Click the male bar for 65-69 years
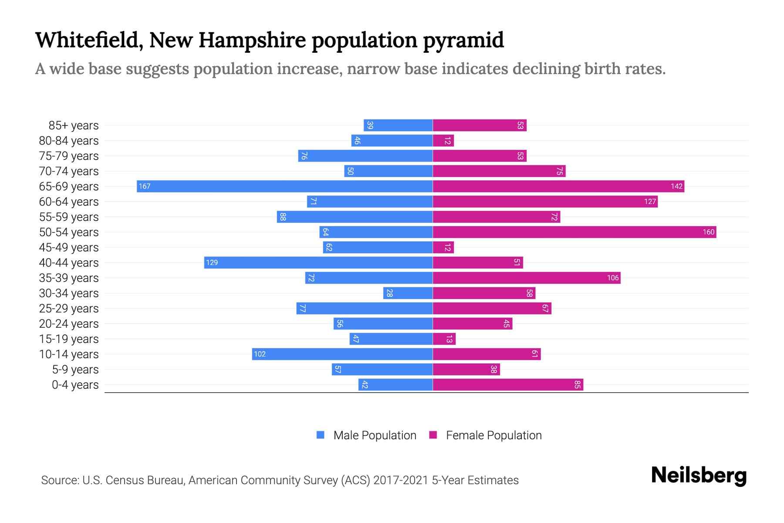point(284,186)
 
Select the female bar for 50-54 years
point(574,232)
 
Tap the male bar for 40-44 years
point(318,262)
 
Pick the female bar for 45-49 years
point(443,247)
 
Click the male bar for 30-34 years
point(408,293)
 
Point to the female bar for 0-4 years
point(507,384)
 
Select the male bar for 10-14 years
point(342,354)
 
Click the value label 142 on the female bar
point(676,186)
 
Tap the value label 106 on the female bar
point(612,278)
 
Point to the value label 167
point(145,186)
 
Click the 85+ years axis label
point(73,126)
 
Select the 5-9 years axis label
point(75,370)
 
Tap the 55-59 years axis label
point(69,217)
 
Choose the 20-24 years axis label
point(69,324)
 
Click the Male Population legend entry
point(374,435)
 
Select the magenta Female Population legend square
point(433,435)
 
